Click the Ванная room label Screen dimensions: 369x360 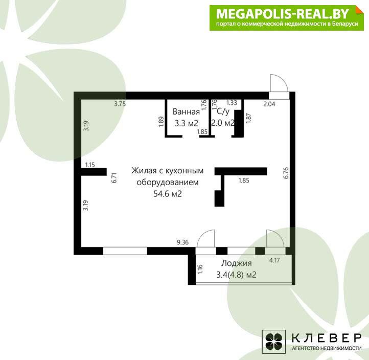pyautogui.click(x=186, y=111)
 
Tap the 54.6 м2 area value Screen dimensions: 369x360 pyautogui.click(x=168, y=194)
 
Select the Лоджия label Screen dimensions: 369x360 pyautogui.click(x=237, y=263)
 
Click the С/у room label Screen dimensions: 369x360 pyautogui.click(x=223, y=111)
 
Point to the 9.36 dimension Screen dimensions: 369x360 pyautogui.click(x=182, y=242)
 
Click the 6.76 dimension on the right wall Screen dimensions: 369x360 pyautogui.click(x=286, y=173)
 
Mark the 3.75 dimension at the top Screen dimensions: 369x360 pyautogui.click(x=120, y=104)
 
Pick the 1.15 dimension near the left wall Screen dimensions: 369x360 pyautogui.click(x=90, y=165)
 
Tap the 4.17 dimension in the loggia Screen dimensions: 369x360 pyautogui.click(x=274, y=260)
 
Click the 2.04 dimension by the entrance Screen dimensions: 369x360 pyautogui.click(x=269, y=104)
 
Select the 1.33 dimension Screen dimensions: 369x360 pyautogui.click(x=232, y=103)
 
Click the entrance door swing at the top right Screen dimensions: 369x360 pyautogui.click(x=279, y=83)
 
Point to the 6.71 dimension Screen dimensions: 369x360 pyautogui.click(x=114, y=178)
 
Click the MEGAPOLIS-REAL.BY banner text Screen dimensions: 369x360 pyautogui.click(x=283, y=14)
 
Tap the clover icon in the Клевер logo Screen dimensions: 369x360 pyautogui.click(x=274, y=342)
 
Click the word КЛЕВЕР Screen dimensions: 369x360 pyautogui.click(x=327, y=338)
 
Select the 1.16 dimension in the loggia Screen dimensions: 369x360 pyautogui.click(x=200, y=269)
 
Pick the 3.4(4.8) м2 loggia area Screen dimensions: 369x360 pyautogui.click(x=236, y=275)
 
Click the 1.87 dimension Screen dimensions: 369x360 pyautogui.click(x=248, y=118)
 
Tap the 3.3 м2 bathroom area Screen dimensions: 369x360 pyautogui.click(x=186, y=123)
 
